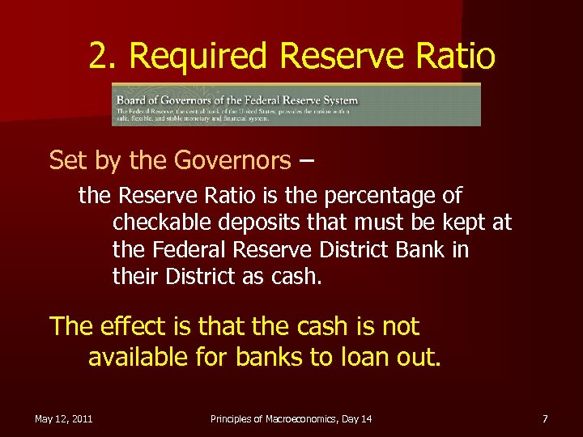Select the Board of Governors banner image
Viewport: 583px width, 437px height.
coord(296,104)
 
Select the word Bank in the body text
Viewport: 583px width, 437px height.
coord(418,250)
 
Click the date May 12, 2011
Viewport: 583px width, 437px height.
coord(63,418)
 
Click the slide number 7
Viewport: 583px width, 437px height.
coord(545,418)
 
